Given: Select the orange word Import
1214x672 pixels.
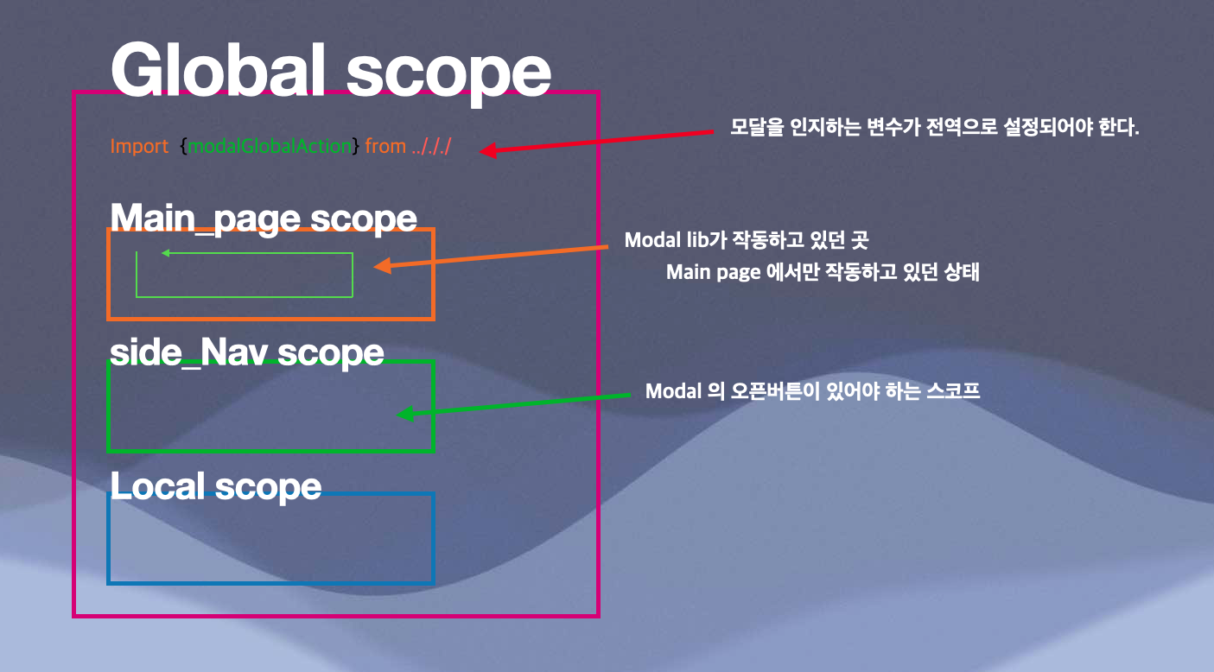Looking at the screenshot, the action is pyautogui.click(x=139, y=147).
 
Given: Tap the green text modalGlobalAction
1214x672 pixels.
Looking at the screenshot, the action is pyautogui.click(x=270, y=147).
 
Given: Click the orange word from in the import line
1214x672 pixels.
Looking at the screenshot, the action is pyautogui.click(x=385, y=147).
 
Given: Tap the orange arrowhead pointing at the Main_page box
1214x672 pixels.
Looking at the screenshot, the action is pyautogui.click(x=382, y=267).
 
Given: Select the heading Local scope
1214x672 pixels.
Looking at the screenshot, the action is pyautogui.click(x=216, y=486).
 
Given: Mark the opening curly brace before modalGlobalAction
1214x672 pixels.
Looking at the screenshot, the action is pyautogui.click(x=183, y=147).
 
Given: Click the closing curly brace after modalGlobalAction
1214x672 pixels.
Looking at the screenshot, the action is pyautogui.click(x=356, y=147).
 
